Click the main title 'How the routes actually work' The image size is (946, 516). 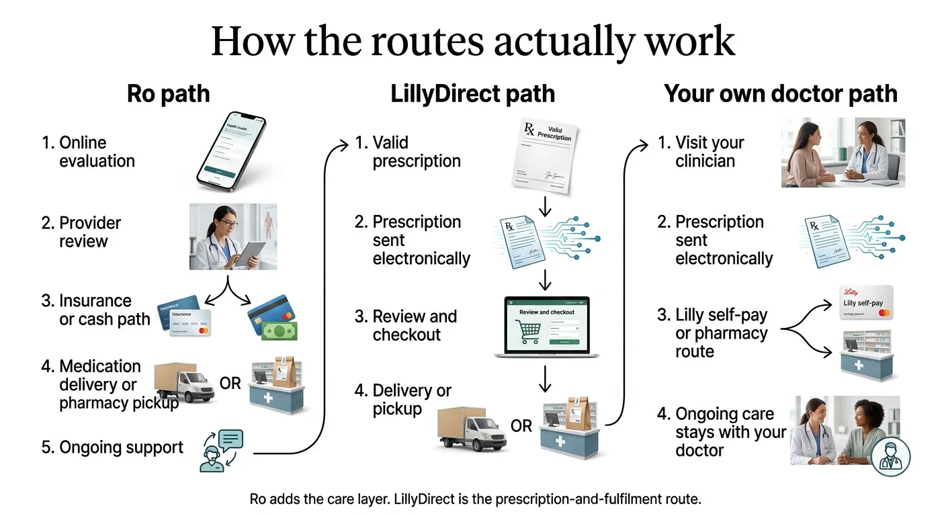(473, 42)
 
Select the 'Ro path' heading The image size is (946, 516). (168, 94)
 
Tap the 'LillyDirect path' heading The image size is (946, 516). (473, 94)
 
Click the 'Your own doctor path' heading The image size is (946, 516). (781, 94)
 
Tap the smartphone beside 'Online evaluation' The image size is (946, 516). (230, 152)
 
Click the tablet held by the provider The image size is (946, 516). (251, 253)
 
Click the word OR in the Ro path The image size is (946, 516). (230, 384)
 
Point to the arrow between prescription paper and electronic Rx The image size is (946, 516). (546, 206)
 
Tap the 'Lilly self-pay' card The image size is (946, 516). (866, 302)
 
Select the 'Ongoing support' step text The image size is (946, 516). (112, 447)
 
